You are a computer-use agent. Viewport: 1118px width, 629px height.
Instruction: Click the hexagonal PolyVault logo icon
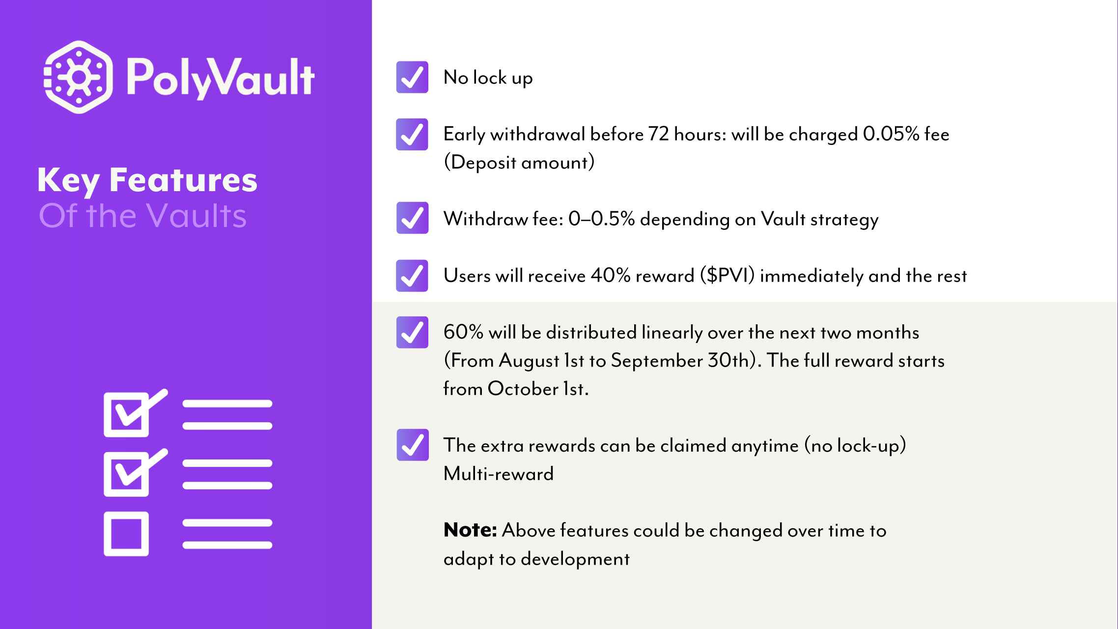point(79,77)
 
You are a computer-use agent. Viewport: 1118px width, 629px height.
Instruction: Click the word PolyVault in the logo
point(221,78)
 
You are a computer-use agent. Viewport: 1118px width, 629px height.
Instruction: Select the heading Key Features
point(147,180)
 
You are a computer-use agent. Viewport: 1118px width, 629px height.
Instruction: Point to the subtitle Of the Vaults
point(143,216)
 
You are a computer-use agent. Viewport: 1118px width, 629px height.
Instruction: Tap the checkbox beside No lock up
point(412,77)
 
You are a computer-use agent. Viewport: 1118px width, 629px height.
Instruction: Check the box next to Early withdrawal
point(412,134)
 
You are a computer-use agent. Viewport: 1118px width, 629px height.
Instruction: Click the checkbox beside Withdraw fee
point(412,218)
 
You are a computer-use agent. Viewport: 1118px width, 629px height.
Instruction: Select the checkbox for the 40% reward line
point(412,275)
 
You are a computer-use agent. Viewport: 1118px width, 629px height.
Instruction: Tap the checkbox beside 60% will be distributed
point(412,332)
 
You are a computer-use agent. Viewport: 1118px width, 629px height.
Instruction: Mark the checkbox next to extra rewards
point(412,445)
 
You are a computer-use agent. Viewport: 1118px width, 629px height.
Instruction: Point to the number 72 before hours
point(659,134)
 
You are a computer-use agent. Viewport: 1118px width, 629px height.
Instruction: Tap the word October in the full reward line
point(523,389)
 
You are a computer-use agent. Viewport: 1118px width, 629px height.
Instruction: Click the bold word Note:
point(470,530)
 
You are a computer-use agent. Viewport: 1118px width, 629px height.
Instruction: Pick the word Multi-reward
point(499,473)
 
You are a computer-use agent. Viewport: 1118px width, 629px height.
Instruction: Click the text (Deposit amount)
point(519,162)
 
